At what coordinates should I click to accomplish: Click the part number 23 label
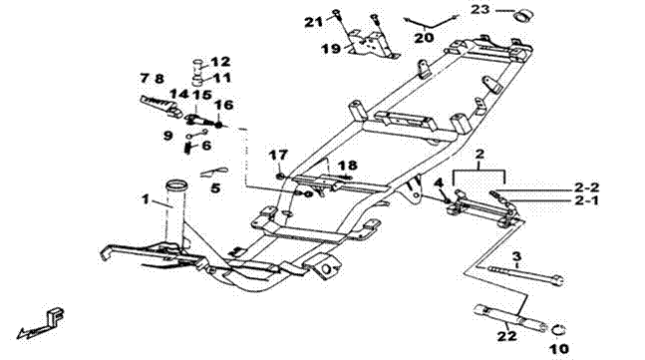[481, 9]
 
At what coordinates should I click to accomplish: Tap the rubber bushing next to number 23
[522, 16]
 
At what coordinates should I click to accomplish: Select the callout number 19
[331, 49]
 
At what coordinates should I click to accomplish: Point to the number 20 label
[424, 38]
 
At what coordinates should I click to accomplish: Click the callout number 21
[313, 22]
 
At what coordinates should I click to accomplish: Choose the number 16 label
[223, 105]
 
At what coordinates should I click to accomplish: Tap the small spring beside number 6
[188, 148]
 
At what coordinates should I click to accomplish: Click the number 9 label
[167, 136]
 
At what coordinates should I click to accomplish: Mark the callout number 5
[215, 188]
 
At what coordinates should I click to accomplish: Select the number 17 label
[278, 156]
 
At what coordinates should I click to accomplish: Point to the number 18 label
[348, 166]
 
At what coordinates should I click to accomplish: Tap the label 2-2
[586, 187]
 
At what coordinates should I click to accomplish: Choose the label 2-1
[586, 201]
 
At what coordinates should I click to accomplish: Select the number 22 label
[506, 336]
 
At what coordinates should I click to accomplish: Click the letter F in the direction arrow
[56, 316]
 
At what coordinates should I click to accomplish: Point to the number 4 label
[439, 181]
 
